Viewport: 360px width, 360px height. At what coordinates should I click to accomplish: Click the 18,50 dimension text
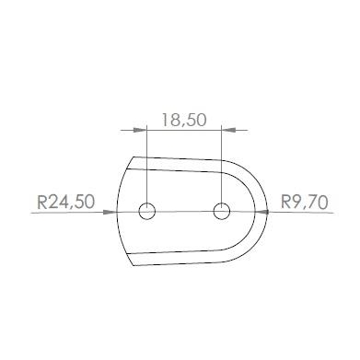click(184, 120)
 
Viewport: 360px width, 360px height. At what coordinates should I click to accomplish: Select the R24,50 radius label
click(66, 203)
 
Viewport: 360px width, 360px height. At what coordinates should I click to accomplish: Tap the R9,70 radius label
click(305, 203)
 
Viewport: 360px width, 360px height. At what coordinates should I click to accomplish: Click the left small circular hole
click(147, 211)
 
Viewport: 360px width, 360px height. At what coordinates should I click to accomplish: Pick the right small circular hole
click(222, 211)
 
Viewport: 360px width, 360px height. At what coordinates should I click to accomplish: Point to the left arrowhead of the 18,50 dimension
click(140, 130)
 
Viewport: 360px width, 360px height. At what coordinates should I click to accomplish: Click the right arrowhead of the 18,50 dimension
click(228, 130)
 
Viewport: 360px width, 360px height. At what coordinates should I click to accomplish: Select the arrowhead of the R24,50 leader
click(110, 212)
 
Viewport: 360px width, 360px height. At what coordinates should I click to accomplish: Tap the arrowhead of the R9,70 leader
click(261, 212)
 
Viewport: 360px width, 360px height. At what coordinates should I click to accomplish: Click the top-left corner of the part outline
click(134, 157)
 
